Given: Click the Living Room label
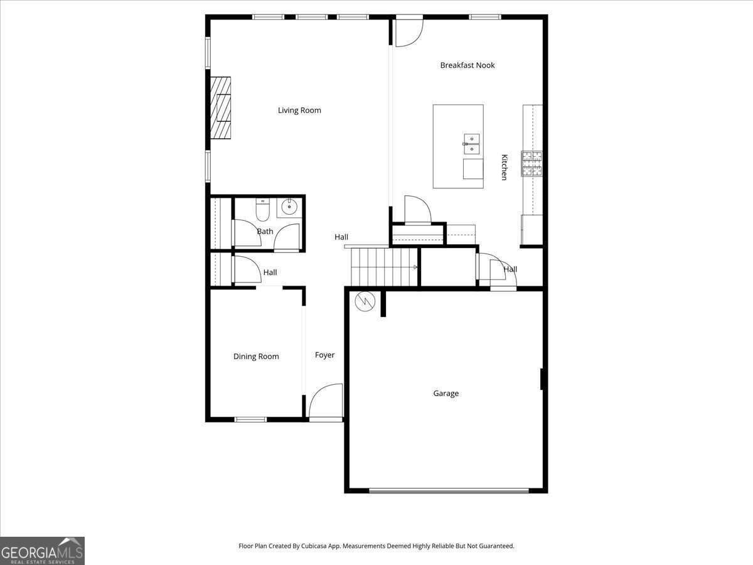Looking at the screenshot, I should (299, 110).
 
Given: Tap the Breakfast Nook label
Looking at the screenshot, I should (467, 65).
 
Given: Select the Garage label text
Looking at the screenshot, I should (446, 394).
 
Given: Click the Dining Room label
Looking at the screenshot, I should (256, 357).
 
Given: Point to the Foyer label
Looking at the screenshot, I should (324, 355).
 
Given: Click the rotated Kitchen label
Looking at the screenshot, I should (503, 167).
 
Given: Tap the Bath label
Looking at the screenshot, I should (265, 232).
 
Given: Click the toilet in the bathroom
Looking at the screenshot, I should (262, 210).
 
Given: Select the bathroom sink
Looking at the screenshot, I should (289, 207).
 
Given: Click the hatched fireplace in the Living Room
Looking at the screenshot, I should (220, 107).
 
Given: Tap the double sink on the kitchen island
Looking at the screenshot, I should (471, 144).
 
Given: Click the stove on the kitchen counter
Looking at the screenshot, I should (532, 163).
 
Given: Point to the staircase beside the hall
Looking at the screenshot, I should (384, 267).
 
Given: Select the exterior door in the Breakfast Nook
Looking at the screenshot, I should (409, 31).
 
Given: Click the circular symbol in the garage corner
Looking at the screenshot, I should (364, 302).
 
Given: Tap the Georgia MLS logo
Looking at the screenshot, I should (42, 551).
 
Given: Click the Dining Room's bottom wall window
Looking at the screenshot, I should (250, 419).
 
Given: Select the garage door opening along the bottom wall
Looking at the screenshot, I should (448, 491).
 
